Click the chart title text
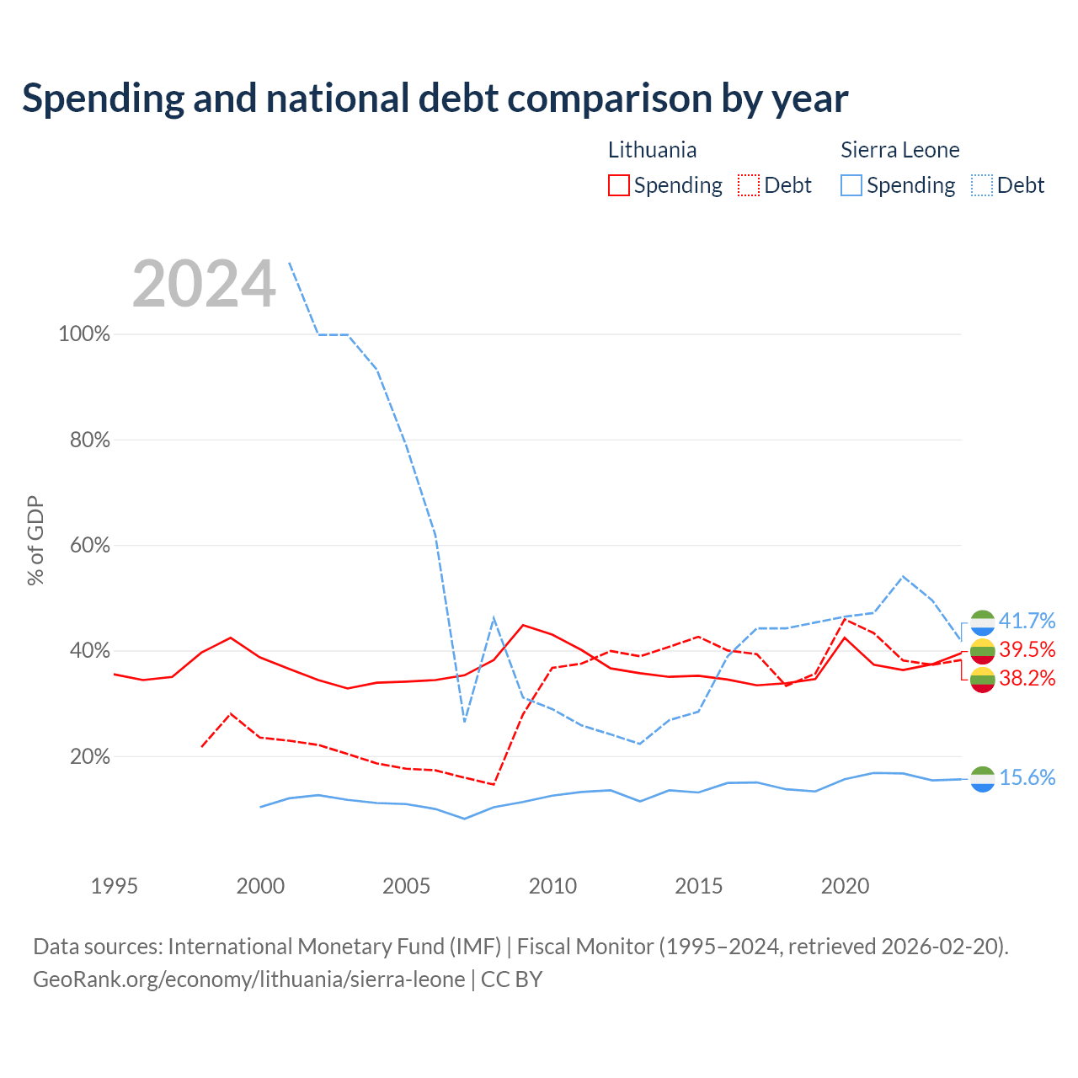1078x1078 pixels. click(x=435, y=99)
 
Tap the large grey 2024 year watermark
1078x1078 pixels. click(x=204, y=283)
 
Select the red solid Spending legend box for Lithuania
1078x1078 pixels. click(x=618, y=185)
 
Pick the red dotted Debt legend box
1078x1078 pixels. click(x=748, y=185)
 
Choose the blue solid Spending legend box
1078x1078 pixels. click(x=851, y=185)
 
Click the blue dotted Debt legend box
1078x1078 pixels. click(x=981, y=185)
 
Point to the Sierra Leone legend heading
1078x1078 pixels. click(x=899, y=150)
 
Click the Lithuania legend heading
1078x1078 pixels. click(x=652, y=150)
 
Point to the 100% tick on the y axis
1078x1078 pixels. click(x=84, y=334)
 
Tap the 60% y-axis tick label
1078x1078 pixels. click(x=89, y=545)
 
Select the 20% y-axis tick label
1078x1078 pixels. click(x=89, y=756)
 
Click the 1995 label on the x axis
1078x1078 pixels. click(x=115, y=886)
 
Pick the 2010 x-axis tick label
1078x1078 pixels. click(x=552, y=886)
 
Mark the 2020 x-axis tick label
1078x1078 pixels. click(x=845, y=886)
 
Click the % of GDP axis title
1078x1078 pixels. click(x=35, y=540)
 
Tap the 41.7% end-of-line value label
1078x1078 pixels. click(x=1027, y=621)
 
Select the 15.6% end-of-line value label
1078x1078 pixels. click(x=1027, y=777)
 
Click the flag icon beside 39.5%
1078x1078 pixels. click(x=982, y=651)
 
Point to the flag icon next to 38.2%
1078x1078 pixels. click(x=982, y=680)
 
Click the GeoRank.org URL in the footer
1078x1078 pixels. click(x=249, y=979)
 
